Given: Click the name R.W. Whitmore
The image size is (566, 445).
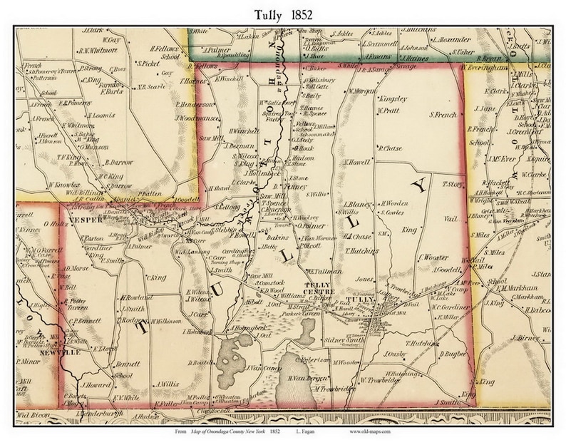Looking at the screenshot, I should (x=101, y=50).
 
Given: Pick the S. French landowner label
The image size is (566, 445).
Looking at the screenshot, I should (x=443, y=114).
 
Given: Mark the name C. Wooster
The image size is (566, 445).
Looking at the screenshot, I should (x=434, y=257).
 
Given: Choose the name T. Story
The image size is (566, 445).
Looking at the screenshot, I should (x=452, y=183).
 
